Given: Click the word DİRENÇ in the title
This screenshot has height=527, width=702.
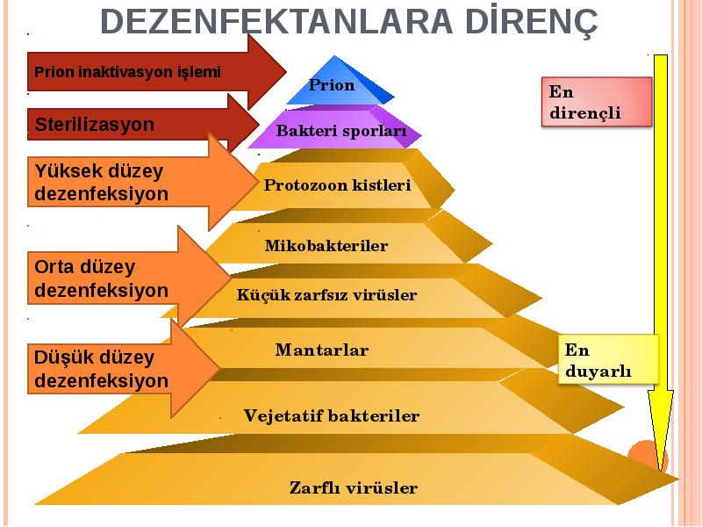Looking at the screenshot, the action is (532, 21).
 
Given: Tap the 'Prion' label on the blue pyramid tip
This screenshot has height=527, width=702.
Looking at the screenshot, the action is (332, 85).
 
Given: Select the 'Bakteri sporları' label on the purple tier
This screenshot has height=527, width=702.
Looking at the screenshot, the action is (341, 131).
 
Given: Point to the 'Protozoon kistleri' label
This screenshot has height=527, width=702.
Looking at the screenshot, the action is (337, 185).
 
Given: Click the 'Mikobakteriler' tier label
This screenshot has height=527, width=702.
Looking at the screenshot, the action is (326, 246).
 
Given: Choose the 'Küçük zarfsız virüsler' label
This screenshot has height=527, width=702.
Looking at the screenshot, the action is (326, 295).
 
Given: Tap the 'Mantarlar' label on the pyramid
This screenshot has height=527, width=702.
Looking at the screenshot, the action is (322, 350).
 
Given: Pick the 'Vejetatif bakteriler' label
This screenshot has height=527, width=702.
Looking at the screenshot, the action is (332, 415).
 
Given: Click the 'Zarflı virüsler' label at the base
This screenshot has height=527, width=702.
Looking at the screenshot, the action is (354, 487).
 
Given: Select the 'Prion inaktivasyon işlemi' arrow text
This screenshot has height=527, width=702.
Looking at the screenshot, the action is (127, 72).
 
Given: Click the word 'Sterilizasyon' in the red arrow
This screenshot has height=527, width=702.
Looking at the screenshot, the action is (95, 124).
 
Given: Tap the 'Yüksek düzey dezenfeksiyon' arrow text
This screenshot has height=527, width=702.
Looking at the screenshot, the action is (102, 183).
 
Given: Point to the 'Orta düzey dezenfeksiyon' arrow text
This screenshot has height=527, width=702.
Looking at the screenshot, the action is (102, 278).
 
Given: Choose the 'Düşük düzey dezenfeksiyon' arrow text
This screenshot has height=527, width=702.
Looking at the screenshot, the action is (102, 369).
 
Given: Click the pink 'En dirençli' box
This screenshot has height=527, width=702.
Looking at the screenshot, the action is (597, 102).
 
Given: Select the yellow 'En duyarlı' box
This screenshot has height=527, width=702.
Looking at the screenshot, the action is (608, 359).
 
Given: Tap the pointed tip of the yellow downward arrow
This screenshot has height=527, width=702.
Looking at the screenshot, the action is (661, 471).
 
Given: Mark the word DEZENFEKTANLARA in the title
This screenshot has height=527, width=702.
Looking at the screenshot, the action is (276, 21).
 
